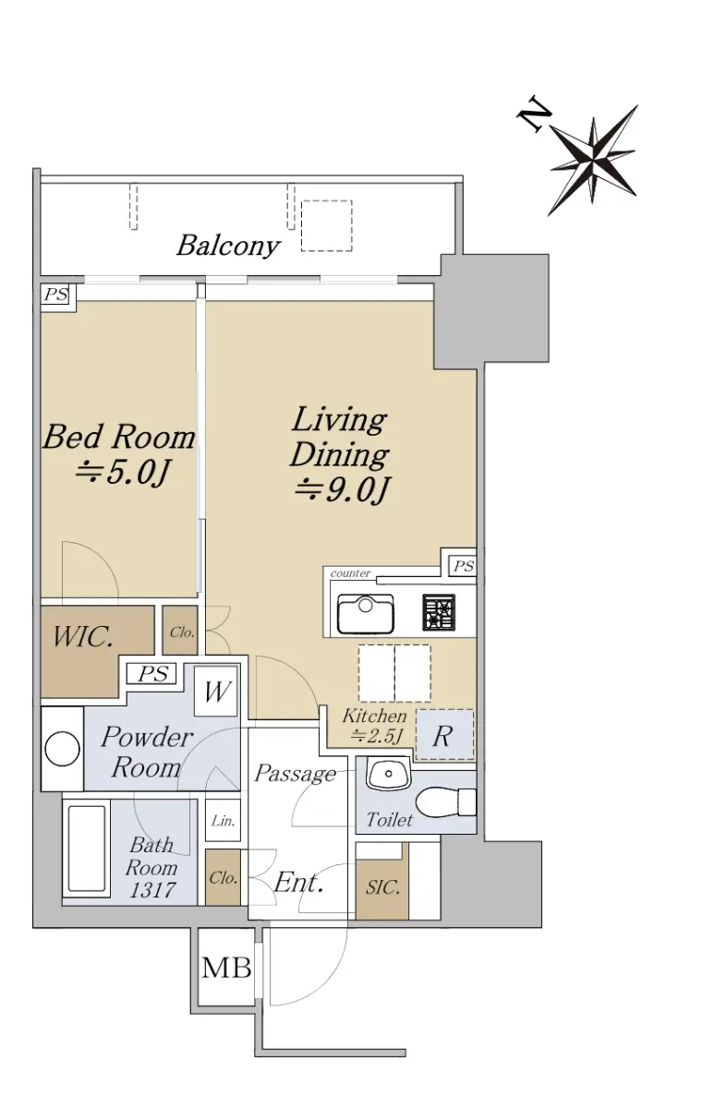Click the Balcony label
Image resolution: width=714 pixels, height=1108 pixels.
click(x=228, y=246)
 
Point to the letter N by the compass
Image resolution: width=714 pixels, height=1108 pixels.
click(x=534, y=114)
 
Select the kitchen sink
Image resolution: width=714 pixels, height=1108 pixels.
click(x=365, y=613)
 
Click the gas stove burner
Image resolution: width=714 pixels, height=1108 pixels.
click(x=439, y=612)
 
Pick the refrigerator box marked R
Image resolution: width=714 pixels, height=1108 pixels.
click(x=444, y=735)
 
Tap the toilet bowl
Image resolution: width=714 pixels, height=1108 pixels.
click(x=445, y=801)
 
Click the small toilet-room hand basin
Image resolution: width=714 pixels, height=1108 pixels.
click(x=389, y=774)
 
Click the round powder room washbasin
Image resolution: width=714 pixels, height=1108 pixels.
click(x=62, y=749)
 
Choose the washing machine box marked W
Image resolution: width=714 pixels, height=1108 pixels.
click(x=216, y=691)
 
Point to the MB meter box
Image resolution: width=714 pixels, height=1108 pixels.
click(x=226, y=967)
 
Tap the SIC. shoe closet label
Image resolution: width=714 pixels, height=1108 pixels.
click(x=382, y=887)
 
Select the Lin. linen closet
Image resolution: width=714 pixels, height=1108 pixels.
click(x=224, y=822)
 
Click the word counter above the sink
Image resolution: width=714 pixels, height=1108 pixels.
click(x=350, y=573)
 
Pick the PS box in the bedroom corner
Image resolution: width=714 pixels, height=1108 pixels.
click(x=55, y=295)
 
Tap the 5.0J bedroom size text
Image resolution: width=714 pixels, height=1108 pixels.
click(x=122, y=473)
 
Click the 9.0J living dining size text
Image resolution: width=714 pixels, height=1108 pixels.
click(x=342, y=490)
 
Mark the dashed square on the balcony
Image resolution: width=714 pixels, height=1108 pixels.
click(x=327, y=225)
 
